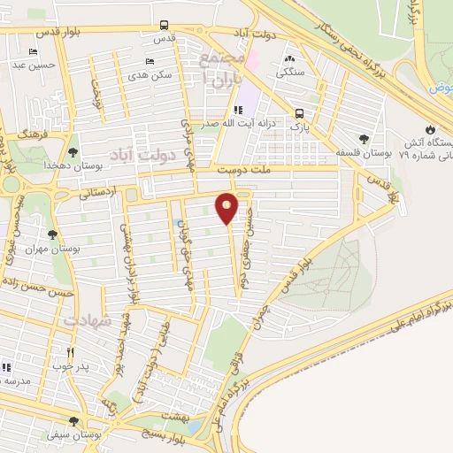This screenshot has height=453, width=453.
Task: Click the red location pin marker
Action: click(x=227, y=207)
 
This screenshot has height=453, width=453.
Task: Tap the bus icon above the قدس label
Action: click(x=164, y=26)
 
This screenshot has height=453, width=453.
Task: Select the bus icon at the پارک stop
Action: click(x=300, y=113)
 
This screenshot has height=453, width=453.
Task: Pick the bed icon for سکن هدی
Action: click(x=149, y=61)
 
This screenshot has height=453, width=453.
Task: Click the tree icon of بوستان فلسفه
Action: click(x=364, y=138)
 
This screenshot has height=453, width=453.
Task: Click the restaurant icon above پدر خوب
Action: click(x=70, y=351)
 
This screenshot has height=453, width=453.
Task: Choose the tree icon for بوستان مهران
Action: click(x=53, y=234)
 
